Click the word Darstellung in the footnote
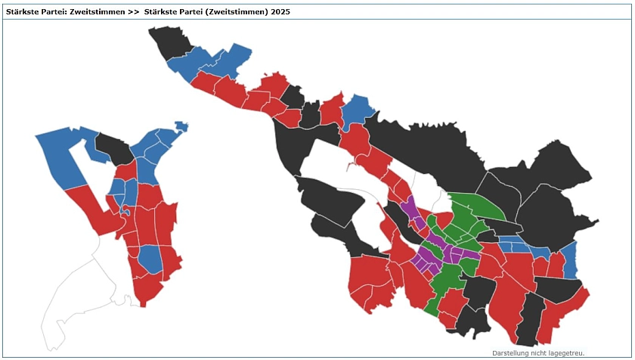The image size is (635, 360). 513,353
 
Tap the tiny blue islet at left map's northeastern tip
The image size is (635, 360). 181,126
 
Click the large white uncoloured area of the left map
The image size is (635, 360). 76,287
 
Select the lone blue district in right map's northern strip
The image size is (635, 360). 357,109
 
